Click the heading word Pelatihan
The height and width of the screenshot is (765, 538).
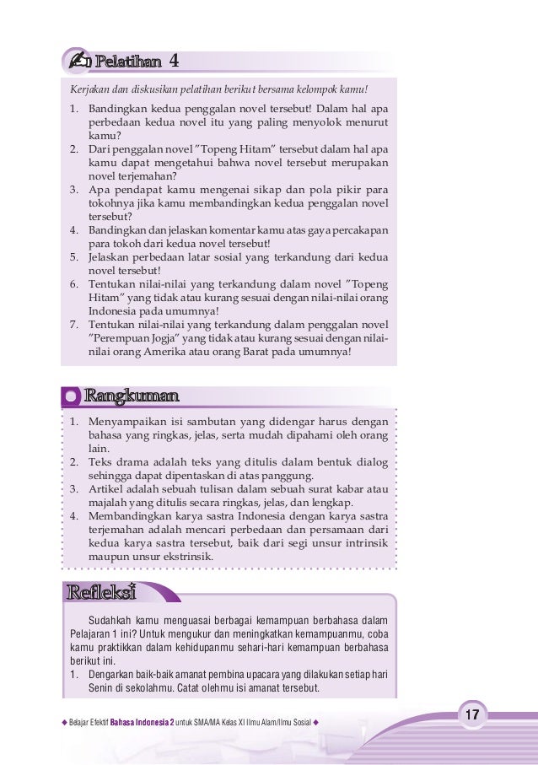click(127, 62)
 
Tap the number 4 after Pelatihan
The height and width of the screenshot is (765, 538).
click(174, 62)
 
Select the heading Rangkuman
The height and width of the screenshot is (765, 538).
click(131, 396)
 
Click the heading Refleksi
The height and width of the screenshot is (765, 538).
click(101, 592)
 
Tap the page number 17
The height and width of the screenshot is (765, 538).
click(472, 715)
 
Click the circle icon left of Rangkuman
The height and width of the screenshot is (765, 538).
click(73, 396)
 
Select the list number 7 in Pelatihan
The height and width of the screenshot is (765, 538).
click(73, 324)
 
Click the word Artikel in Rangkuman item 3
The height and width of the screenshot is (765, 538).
click(106, 488)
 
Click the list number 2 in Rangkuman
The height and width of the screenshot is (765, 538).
click(73, 461)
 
